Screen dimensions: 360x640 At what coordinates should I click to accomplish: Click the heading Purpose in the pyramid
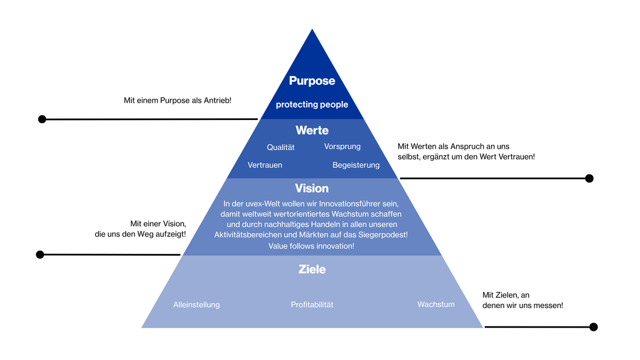(x=312, y=81)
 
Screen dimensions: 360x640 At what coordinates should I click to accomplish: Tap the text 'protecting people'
(x=312, y=104)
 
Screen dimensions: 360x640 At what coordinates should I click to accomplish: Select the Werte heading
(x=312, y=131)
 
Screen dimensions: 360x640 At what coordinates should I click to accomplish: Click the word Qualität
(x=280, y=147)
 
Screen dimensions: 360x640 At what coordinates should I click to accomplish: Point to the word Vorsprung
(x=342, y=147)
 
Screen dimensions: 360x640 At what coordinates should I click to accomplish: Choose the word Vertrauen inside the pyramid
(x=265, y=165)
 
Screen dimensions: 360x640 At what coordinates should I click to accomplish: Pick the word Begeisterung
(x=356, y=165)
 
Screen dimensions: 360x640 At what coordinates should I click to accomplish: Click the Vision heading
(x=312, y=188)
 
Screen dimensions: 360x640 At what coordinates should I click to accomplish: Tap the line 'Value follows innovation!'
(x=312, y=246)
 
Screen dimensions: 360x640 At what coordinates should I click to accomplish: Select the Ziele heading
(x=312, y=269)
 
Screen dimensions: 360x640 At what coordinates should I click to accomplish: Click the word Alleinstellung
(x=196, y=305)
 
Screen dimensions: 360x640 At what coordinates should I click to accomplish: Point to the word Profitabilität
(x=312, y=305)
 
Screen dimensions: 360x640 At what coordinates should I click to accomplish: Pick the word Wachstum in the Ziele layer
(x=436, y=304)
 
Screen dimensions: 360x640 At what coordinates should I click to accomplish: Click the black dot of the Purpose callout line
(x=42, y=119)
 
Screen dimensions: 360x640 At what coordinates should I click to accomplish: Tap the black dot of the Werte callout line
(x=589, y=178)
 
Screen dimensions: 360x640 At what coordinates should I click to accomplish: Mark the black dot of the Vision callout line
(x=40, y=254)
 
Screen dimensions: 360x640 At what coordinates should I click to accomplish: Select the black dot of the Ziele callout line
(x=593, y=327)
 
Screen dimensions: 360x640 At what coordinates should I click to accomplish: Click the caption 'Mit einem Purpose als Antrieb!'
(x=177, y=100)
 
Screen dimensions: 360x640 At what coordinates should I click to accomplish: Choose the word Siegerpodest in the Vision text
(x=386, y=235)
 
